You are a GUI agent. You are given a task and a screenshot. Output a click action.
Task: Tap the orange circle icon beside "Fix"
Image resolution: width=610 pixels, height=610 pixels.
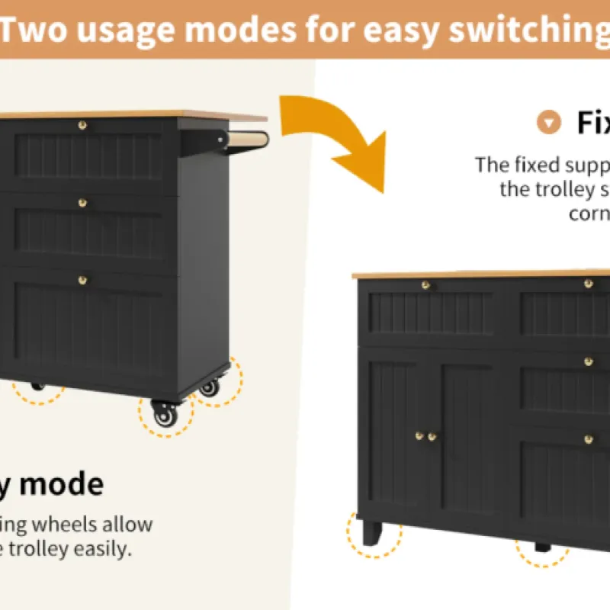pyautogui.click(x=548, y=122)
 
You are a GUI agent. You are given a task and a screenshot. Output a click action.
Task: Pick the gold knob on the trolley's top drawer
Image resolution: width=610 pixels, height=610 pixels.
pyautogui.click(x=82, y=124)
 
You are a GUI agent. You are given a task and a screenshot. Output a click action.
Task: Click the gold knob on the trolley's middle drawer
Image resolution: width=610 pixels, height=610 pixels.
pyautogui.click(x=82, y=203)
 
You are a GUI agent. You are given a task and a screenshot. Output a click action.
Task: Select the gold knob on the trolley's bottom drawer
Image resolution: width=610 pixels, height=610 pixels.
pyautogui.click(x=82, y=280)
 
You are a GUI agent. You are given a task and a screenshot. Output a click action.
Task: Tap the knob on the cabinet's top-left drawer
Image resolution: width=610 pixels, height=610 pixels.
pyautogui.click(x=426, y=285)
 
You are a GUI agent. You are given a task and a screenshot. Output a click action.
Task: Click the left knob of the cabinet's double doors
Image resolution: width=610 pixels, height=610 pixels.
pyautogui.click(x=419, y=436)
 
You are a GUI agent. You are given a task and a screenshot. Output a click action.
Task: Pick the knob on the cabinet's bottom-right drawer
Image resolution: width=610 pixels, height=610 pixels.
pyautogui.click(x=588, y=439)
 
